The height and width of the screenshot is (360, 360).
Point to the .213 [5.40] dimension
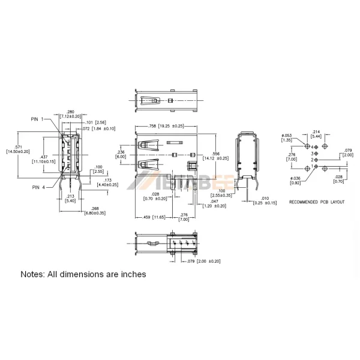(70, 198)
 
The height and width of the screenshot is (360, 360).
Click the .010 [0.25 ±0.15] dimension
(264, 201)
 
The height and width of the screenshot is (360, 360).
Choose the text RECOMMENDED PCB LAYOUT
(317, 202)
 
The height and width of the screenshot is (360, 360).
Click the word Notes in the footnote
(35, 274)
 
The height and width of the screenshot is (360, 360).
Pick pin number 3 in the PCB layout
(312, 154)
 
